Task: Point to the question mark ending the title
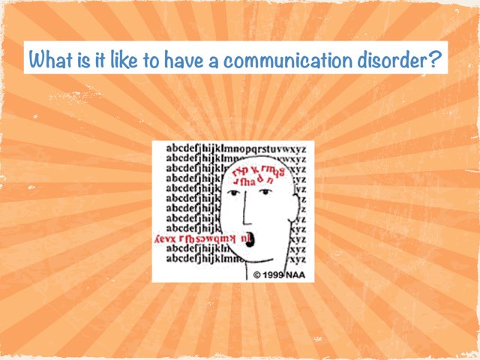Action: (x=435, y=57)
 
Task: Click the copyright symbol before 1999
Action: (x=256, y=275)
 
